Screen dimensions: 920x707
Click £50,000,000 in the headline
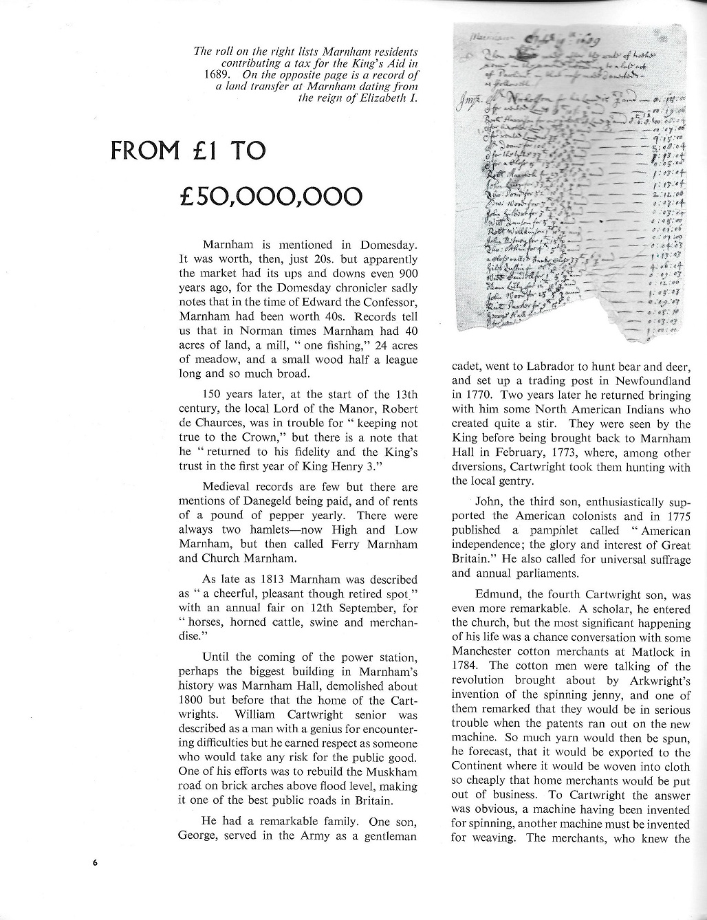(x=270, y=197)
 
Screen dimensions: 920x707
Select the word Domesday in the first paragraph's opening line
(x=389, y=245)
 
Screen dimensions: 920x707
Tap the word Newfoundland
(x=652, y=381)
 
